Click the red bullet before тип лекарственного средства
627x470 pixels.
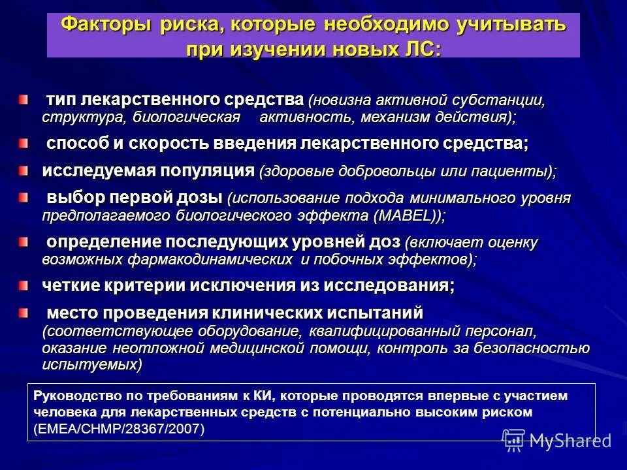coord(24,100)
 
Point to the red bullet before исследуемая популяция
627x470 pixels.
coord(24,171)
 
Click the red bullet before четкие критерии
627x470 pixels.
coord(24,285)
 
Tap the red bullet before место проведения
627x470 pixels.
coord(24,313)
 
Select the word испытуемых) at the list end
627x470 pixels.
coord(92,364)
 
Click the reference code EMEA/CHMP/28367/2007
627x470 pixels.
coord(118,429)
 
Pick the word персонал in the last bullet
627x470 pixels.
coord(502,331)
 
